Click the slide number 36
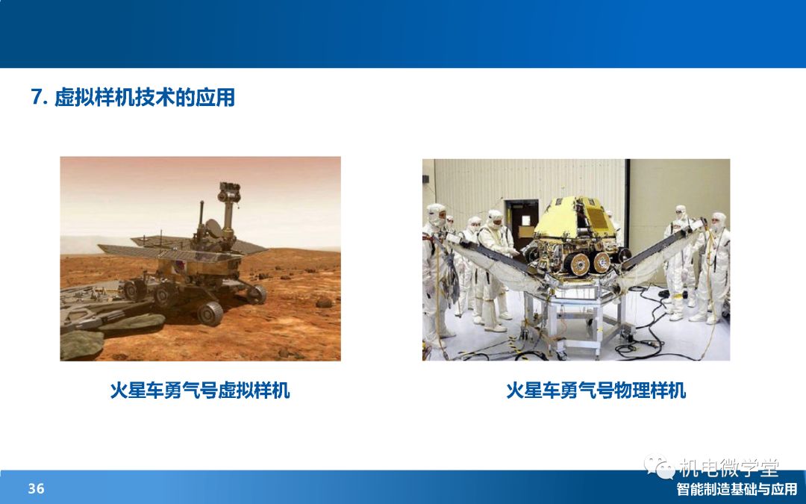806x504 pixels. pyautogui.click(x=36, y=488)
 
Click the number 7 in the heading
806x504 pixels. pyautogui.click(x=36, y=96)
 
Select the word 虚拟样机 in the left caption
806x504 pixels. pyautogui.click(x=254, y=391)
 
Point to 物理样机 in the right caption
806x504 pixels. pyautogui.click(x=650, y=391)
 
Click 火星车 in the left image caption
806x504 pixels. pyautogui.click(x=137, y=391)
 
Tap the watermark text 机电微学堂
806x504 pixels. pyautogui.click(x=729, y=467)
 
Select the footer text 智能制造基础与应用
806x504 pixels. pyautogui.click(x=737, y=488)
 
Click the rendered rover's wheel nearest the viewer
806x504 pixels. pyautogui.click(x=210, y=313)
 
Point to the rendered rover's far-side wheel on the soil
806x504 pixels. pyautogui.click(x=256, y=293)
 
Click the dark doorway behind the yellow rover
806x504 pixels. pyautogui.click(x=522, y=225)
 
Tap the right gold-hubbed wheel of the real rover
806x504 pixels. pyautogui.click(x=602, y=262)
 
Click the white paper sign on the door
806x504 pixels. pyautogui.click(x=525, y=220)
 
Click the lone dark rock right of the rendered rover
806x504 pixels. pyautogui.click(x=324, y=302)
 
